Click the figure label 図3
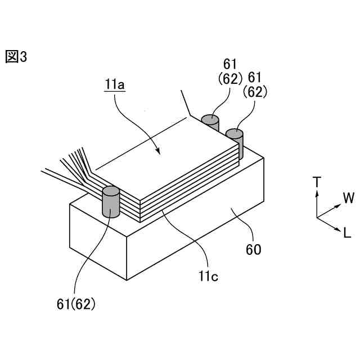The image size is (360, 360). click(16, 57)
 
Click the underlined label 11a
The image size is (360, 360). click(114, 85)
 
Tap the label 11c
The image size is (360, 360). click(208, 276)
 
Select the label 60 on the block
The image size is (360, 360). click(254, 249)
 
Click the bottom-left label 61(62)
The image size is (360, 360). click(76, 304)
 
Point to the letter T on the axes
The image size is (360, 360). click(317, 182)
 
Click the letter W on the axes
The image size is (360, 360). click(349, 198)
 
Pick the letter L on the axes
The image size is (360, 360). click(347, 232)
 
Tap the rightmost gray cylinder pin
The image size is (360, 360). click(235, 141)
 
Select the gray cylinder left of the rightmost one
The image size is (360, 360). click(210, 123)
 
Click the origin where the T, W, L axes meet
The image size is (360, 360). click(317, 217)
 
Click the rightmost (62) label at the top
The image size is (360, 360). click(255, 92)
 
